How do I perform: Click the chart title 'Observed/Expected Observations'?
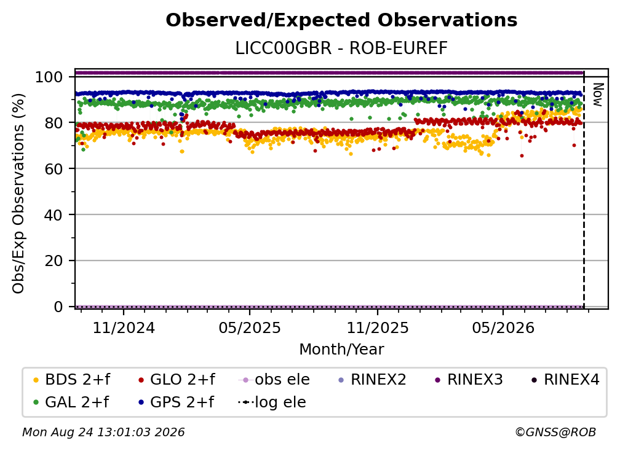click(341, 20)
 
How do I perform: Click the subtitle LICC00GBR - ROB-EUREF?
click(341, 48)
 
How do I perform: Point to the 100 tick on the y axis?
click(49, 77)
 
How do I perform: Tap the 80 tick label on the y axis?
click(54, 123)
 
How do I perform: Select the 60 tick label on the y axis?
click(54, 168)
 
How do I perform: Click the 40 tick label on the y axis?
click(54, 215)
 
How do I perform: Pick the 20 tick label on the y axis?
click(54, 261)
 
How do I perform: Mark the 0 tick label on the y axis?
click(58, 307)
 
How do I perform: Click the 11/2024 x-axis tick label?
click(124, 327)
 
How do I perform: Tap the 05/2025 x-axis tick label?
click(250, 327)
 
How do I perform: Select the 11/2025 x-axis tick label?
click(378, 327)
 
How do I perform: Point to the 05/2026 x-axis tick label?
click(503, 327)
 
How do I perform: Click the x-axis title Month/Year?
click(341, 349)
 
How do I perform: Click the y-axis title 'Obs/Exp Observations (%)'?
click(18, 193)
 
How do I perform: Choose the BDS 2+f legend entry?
click(71, 380)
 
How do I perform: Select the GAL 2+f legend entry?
click(71, 402)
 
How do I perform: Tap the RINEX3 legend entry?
click(469, 380)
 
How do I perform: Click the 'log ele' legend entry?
click(272, 402)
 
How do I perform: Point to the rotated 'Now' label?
click(597, 95)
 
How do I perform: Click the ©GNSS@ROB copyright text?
click(555, 432)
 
